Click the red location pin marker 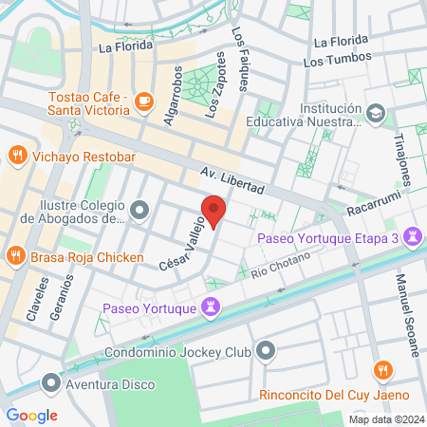click(213, 211)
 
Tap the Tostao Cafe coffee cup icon click(144, 100)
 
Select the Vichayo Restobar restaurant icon click(16, 155)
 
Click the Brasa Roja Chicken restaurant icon click(16, 256)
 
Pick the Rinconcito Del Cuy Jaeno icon click(382, 369)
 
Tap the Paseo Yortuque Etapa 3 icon click(413, 235)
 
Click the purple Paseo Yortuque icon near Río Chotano click(211, 307)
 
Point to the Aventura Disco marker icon click(50, 383)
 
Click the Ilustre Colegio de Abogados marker click(140, 209)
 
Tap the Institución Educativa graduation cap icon click(377, 114)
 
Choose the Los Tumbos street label click(335, 61)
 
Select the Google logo click(32, 415)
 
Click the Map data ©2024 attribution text click(385, 419)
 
